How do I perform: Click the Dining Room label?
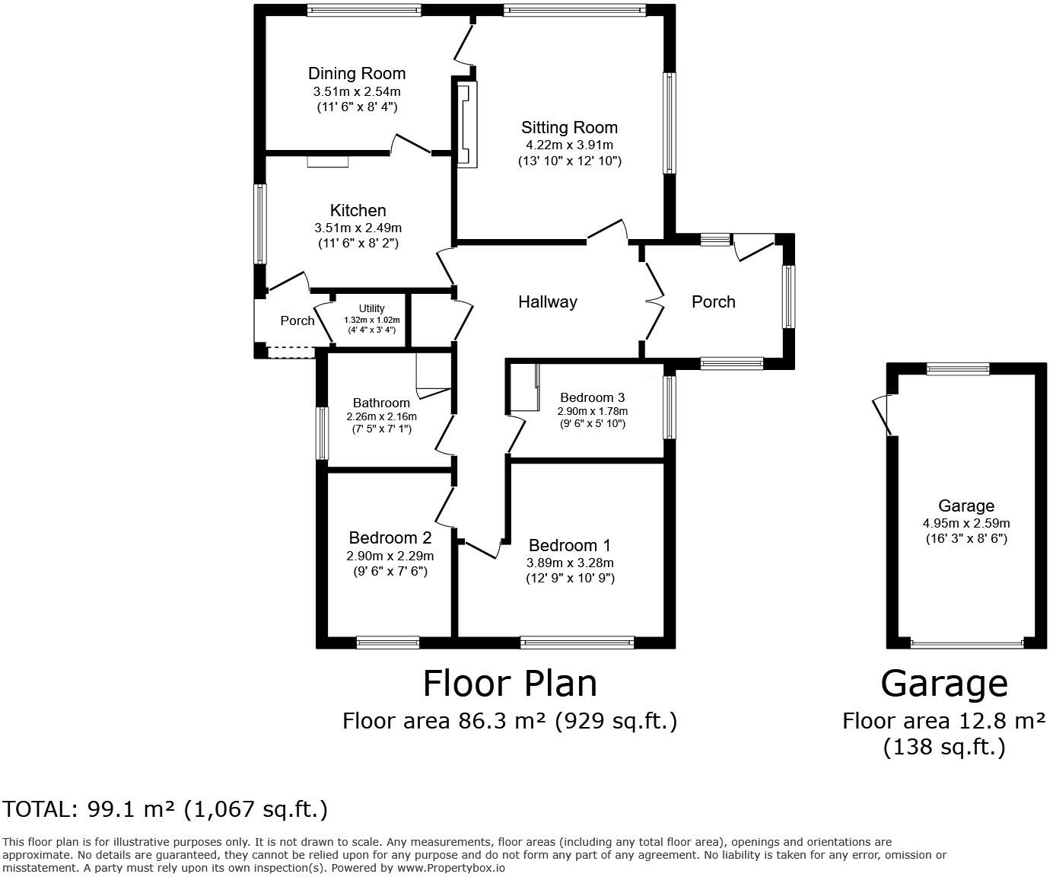(356, 74)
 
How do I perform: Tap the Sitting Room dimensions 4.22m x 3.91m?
(569, 145)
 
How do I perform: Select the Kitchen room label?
(358, 211)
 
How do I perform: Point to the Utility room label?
(371, 308)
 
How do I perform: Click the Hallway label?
(547, 302)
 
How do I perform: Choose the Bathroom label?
(381, 403)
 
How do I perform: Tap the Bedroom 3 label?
(592, 397)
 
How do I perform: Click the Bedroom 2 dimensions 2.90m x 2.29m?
(390, 556)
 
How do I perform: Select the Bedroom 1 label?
(569, 546)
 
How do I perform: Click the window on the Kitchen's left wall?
(261, 224)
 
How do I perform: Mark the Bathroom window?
(323, 433)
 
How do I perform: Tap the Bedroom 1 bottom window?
(577, 643)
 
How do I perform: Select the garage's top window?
(958, 369)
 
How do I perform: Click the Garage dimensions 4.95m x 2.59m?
(966, 523)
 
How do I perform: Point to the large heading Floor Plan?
(510, 684)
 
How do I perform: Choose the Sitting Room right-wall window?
(669, 123)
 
